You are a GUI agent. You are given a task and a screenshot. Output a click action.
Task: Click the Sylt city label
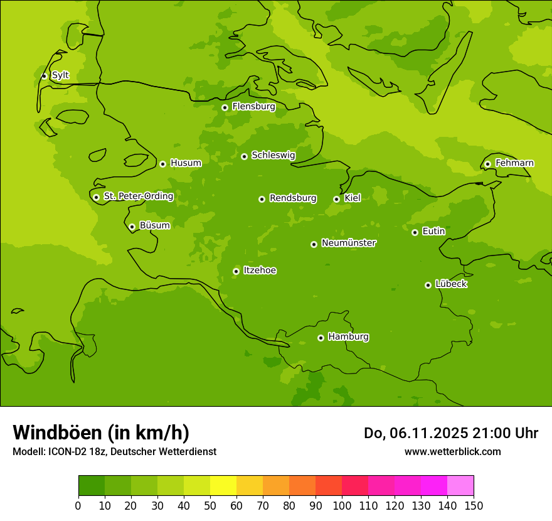[60, 75]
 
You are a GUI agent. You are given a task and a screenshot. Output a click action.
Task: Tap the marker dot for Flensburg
[225, 107]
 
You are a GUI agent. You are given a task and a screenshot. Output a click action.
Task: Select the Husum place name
[186, 163]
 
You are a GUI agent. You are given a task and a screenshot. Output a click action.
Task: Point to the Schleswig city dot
[244, 156]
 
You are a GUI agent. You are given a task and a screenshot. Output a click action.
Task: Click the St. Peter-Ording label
[138, 196]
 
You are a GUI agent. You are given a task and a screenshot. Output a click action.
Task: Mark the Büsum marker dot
[132, 227]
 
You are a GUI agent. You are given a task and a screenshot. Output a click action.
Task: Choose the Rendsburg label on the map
[293, 198]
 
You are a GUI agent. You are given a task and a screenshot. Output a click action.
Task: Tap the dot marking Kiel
[336, 199]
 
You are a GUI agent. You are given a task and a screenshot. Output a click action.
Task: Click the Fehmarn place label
[514, 163]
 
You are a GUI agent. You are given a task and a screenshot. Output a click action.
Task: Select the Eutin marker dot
[415, 232]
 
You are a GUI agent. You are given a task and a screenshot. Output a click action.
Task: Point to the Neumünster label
[349, 243]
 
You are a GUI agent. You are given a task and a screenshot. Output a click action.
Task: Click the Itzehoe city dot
[236, 271]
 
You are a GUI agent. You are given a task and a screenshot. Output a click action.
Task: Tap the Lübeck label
[451, 284]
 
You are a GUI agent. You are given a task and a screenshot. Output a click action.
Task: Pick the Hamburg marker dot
[321, 338]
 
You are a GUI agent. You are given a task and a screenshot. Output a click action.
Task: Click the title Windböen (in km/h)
[101, 432]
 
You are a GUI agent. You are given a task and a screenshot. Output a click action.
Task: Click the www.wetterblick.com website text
[452, 451]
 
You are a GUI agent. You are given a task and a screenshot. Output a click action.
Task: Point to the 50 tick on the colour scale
[210, 505]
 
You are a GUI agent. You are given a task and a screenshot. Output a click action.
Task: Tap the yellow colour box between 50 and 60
[223, 486]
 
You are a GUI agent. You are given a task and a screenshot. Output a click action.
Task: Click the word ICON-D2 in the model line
[66, 451]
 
